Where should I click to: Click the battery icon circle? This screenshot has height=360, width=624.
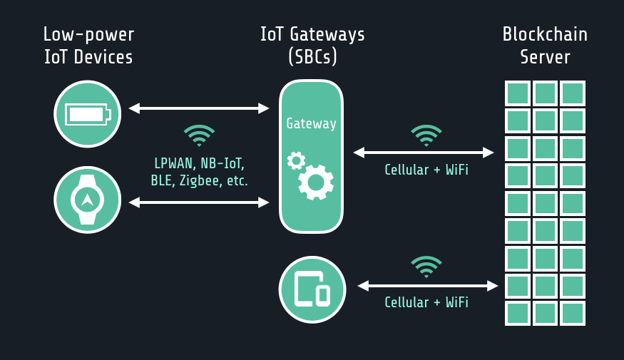88,114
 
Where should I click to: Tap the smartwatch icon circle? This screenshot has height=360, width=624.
88,200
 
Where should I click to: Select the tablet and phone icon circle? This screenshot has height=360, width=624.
312,290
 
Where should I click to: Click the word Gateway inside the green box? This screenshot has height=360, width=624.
311,123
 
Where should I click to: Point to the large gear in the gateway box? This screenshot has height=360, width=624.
316,182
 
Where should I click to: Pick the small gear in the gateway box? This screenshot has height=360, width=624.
295,160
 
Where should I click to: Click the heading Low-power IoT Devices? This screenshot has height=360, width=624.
88,46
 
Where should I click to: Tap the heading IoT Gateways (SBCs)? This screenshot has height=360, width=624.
312,46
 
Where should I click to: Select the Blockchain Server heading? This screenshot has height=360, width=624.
545,46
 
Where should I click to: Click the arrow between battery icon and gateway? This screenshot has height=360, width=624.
199,108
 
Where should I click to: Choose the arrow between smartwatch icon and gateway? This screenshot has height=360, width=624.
199,202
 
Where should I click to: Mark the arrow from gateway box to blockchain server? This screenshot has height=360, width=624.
424,152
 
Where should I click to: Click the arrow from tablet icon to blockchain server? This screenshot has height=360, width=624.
427,286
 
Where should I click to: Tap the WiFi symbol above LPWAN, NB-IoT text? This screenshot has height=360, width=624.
199,134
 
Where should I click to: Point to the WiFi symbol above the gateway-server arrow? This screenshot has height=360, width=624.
426,135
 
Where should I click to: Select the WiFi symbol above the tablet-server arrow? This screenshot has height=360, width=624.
426,267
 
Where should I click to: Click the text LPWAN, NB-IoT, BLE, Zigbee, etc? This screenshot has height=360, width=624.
199,171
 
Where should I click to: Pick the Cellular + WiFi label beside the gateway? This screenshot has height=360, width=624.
426,170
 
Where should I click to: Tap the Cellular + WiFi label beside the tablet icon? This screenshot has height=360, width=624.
426,302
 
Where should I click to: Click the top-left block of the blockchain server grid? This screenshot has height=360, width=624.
518,93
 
